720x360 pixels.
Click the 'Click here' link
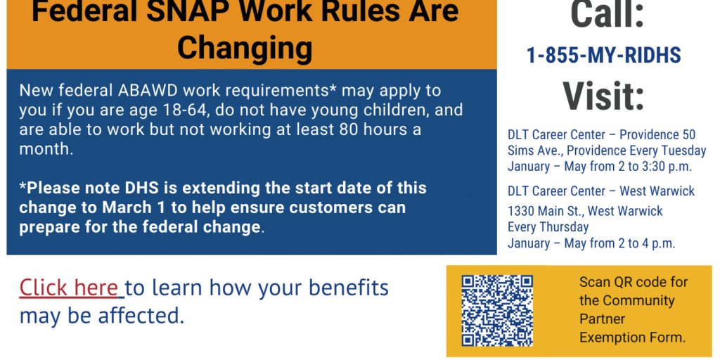coord(68,288)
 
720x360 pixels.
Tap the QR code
coord(497,309)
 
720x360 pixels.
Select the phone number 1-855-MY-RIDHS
coord(603,56)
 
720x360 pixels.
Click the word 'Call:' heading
coord(607,15)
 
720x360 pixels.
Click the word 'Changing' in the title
coord(245,48)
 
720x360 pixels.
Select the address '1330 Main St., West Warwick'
coord(585,211)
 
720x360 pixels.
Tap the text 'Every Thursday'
coord(548,227)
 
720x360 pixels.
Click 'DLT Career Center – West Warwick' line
coord(601,191)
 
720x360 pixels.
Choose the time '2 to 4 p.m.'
coord(644,243)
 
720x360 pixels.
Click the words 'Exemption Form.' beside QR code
coord(632,338)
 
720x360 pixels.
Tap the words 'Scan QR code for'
coord(634,282)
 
